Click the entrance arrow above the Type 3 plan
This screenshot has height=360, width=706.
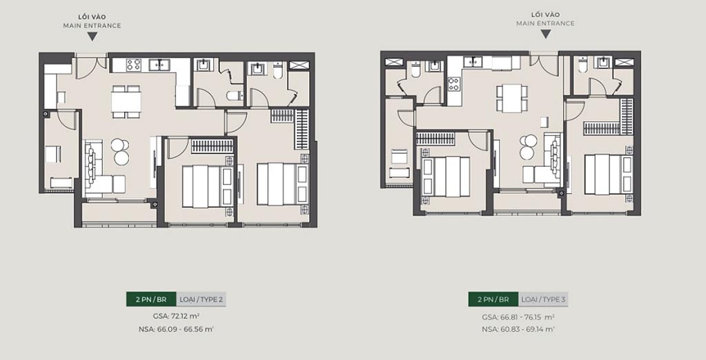[545, 34]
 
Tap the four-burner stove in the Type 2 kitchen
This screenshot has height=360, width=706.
[134, 65]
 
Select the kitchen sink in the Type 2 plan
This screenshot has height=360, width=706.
[164, 65]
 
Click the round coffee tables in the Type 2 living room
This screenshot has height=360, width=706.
[120, 151]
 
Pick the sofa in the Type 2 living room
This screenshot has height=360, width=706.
[93, 166]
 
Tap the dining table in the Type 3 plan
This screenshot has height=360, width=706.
[512, 98]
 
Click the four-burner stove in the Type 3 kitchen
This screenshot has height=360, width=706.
[454, 84]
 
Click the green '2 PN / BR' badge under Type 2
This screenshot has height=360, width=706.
[151, 299]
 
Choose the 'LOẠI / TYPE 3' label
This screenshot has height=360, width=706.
[544, 299]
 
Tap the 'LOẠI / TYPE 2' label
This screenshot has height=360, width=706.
[202, 299]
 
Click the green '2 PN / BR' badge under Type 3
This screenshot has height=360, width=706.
[493, 299]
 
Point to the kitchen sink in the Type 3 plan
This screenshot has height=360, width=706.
[473, 61]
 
